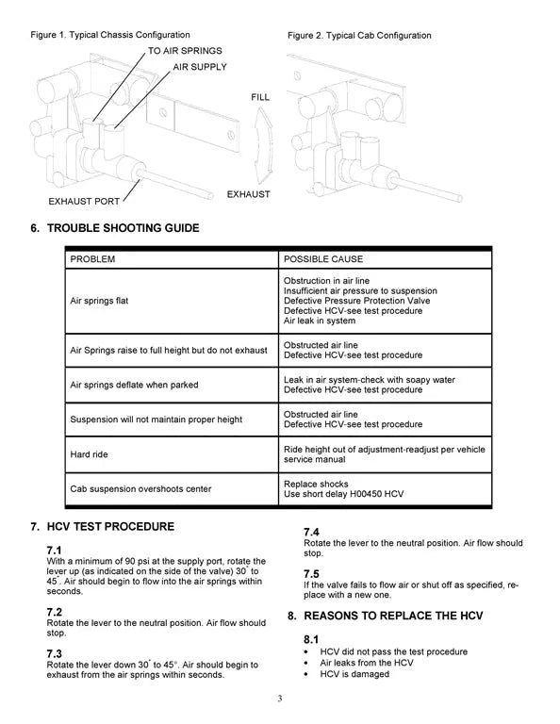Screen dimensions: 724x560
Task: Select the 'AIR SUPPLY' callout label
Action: pyautogui.click(x=203, y=67)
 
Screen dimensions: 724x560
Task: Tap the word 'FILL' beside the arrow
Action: pyautogui.click(x=260, y=98)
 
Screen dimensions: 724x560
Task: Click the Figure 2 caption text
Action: pyautogui.click(x=359, y=36)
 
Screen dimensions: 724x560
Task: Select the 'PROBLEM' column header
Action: pyautogui.click(x=92, y=258)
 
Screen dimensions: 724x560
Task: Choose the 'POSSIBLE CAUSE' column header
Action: pyautogui.click(x=323, y=258)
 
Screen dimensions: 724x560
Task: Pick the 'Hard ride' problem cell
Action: pyautogui.click(x=90, y=454)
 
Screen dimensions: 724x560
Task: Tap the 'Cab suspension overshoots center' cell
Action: pyautogui.click(x=140, y=488)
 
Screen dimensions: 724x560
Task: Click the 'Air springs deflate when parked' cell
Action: pyautogui.click(x=134, y=385)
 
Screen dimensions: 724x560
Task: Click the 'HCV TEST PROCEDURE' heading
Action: pyautogui.click(x=110, y=526)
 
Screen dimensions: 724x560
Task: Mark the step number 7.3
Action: pyautogui.click(x=54, y=653)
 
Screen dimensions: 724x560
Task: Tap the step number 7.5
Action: pyautogui.click(x=311, y=574)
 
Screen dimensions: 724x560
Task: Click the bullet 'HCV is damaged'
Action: pyautogui.click(x=354, y=674)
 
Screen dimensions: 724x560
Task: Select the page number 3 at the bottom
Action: pyautogui.click(x=280, y=699)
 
